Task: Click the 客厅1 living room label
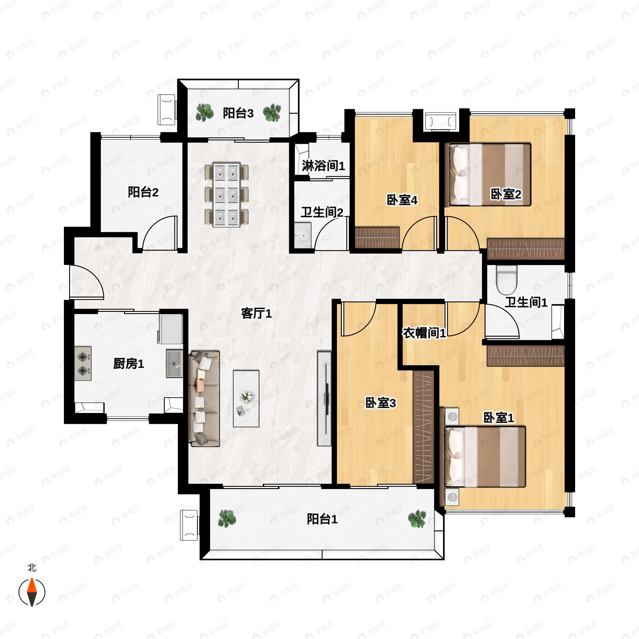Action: click(256, 313)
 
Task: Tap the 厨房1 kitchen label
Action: click(129, 364)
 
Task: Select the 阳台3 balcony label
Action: click(238, 113)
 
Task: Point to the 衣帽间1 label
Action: click(424, 333)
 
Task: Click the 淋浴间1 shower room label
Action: click(323, 165)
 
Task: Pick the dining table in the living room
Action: click(227, 194)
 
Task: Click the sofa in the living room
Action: click(204, 399)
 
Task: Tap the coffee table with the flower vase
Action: click(246, 399)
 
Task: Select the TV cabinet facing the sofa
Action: click(324, 398)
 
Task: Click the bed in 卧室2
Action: click(488, 174)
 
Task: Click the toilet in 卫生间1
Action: click(507, 280)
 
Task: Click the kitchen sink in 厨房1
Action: click(174, 363)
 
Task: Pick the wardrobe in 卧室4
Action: click(377, 237)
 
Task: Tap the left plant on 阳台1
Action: click(227, 518)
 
